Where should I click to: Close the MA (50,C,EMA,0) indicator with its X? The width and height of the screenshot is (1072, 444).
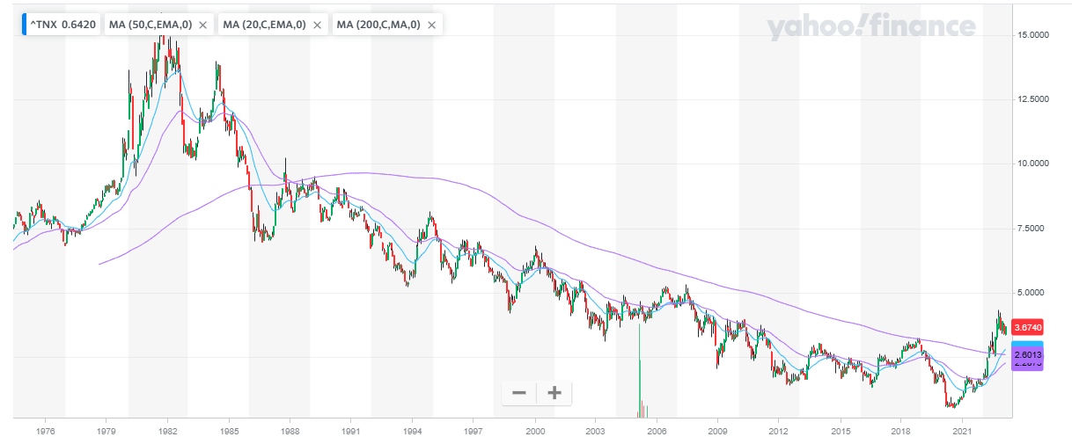[x=202, y=25]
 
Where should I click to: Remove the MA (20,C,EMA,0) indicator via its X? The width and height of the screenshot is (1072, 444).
[x=317, y=25]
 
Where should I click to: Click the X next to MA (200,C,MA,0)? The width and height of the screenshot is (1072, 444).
[x=431, y=25]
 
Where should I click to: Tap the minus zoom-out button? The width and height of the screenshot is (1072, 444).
[x=519, y=393]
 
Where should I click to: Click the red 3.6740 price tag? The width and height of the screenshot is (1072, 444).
[x=1028, y=327]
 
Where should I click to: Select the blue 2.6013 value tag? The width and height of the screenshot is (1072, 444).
[x=1028, y=348]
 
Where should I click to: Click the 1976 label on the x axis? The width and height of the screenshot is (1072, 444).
[x=47, y=432]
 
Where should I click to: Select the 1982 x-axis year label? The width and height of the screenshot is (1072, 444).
[x=168, y=432]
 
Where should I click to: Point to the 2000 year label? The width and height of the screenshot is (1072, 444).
[x=535, y=432]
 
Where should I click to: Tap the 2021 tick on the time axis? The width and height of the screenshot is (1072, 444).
[x=963, y=432]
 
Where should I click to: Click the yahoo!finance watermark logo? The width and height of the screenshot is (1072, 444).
[x=871, y=28]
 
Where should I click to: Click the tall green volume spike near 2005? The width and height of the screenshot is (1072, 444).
[x=639, y=369]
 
